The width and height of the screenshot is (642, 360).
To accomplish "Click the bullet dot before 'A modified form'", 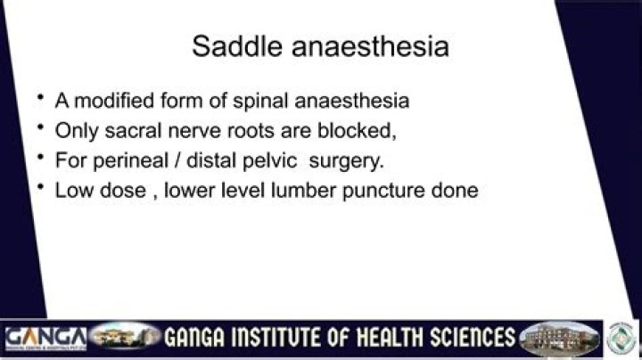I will click(x=41, y=96).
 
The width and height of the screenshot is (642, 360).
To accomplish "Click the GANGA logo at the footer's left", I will click(x=45, y=339).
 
